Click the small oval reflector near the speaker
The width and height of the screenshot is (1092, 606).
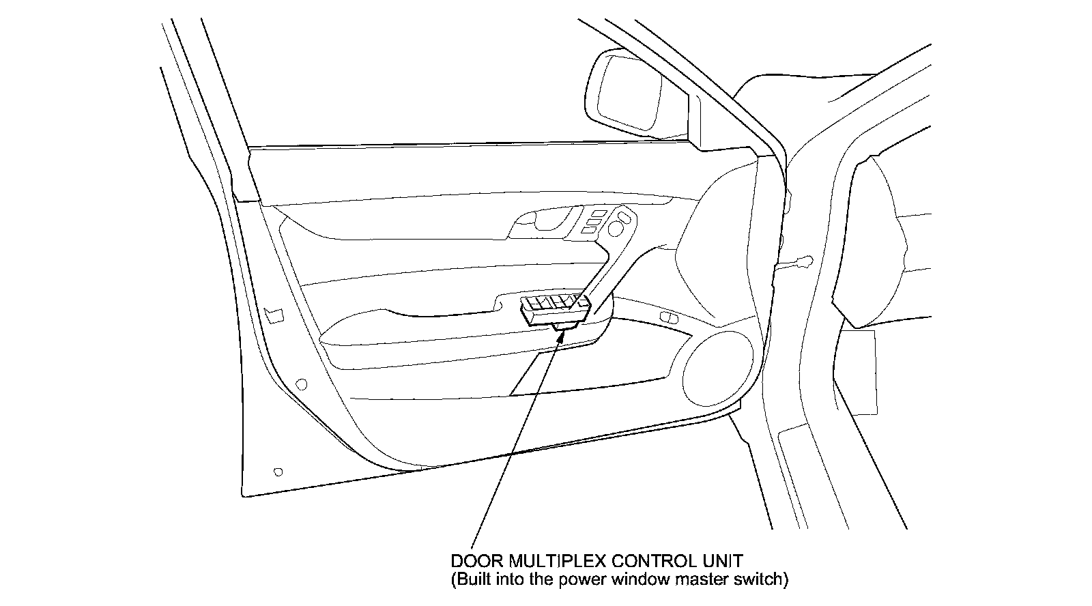670,317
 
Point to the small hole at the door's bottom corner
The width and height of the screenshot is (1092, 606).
277,472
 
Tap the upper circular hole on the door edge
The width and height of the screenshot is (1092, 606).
302,384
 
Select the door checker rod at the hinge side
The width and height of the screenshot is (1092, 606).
797,263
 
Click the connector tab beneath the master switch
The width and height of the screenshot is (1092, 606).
566,328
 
